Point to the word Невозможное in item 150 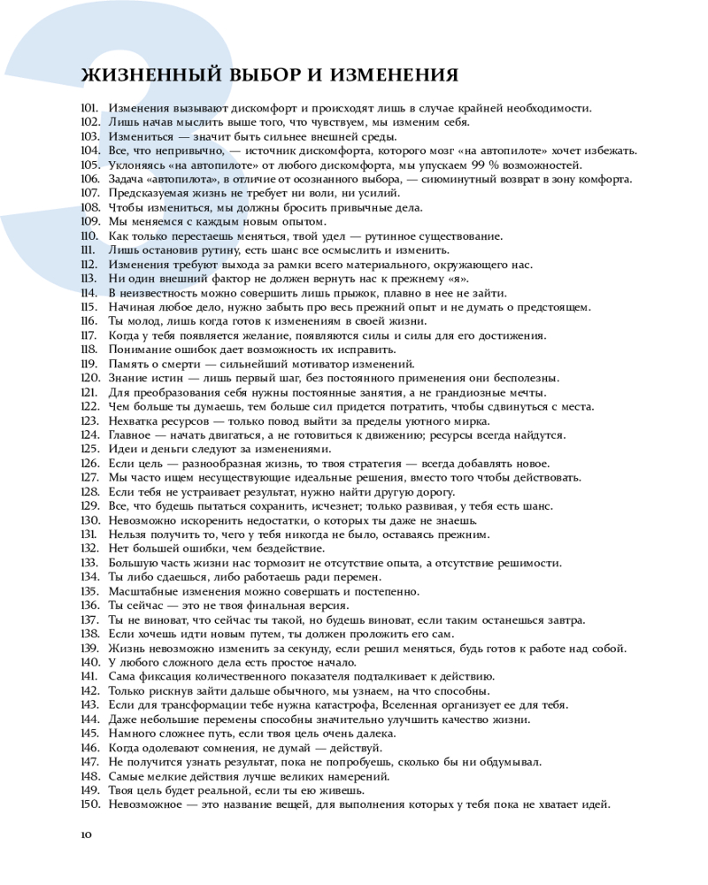145,804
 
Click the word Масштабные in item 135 143,591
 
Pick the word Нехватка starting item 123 134,420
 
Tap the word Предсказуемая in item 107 151,193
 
